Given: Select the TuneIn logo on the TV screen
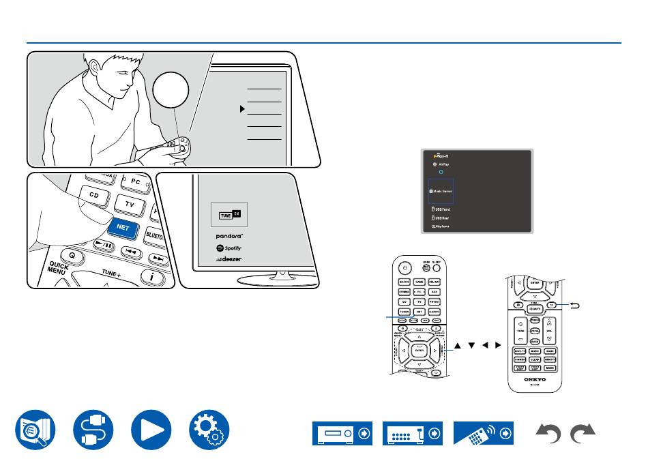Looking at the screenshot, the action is pyautogui.click(x=229, y=215).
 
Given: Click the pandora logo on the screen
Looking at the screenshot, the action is pyautogui.click(x=230, y=236).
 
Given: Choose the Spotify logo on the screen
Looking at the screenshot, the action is pyautogui.click(x=229, y=248).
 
